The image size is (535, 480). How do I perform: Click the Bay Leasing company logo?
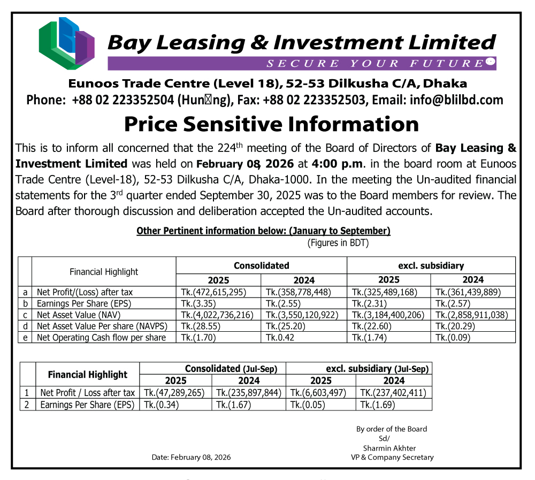pyautogui.click(x=66, y=43)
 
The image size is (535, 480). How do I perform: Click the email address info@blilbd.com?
pyautogui.click(x=457, y=100)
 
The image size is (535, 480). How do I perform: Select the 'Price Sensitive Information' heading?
pyautogui.click(x=271, y=124)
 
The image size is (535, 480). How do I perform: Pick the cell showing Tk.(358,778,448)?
pyautogui.click(x=299, y=292)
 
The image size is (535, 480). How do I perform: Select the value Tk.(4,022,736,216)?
pyautogui.click(x=217, y=315)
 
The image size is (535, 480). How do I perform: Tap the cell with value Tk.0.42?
pyautogui.click(x=279, y=338)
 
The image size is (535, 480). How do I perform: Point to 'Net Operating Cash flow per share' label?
pyautogui.click(x=101, y=338)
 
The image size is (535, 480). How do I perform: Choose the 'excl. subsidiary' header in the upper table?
pyautogui.click(x=431, y=265)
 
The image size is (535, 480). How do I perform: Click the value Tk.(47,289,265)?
pyautogui.click(x=174, y=393)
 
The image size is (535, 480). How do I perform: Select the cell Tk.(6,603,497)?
pyautogui.click(x=318, y=393)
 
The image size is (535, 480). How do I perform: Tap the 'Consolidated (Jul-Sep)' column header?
pyautogui.click(x=213, y=369)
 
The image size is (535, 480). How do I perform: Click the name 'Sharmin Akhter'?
pyautogui.click(x=389, y=448)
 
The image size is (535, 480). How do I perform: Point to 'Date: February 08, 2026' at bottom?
pyautogui.click(x=192, y=458)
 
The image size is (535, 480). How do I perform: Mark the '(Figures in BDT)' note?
pyautogui.click(x=338, y=243)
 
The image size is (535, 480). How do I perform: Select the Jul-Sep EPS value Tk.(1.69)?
pyautogui.click(x=378, y=405)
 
